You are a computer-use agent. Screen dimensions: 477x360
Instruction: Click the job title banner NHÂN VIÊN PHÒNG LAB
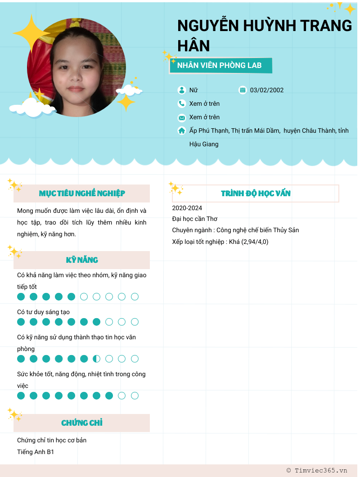click(220, 66)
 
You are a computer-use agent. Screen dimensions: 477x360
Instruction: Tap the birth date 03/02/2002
click(267, 90)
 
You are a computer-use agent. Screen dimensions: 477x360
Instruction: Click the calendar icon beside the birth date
click(243, 90)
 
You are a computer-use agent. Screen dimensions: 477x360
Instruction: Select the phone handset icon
click(182, 103)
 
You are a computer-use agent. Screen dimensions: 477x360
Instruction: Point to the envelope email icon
click(182, 117)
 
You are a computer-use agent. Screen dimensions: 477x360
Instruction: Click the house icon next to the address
click(182, 130)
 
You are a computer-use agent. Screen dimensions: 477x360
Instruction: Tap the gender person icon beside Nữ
click(182, 90)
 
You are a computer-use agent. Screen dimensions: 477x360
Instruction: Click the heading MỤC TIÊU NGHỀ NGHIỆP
click(82, 193)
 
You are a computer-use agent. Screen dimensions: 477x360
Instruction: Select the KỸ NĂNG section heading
click(82, 260)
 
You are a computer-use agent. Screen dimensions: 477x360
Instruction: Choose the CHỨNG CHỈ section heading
click(82, 423)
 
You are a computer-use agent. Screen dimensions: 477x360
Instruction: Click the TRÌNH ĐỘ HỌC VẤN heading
click(256, 193)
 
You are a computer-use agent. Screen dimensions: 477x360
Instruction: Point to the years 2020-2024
click(187, 208)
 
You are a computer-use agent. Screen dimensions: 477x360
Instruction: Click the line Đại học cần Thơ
click(195, 219)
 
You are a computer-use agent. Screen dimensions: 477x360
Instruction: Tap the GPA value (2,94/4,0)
click(255, 242)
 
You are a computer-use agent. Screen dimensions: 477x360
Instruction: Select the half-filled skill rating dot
click(96, 359)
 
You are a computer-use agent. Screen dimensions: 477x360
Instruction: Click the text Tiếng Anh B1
click(36, 452)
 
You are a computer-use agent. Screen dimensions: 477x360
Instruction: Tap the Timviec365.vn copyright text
click(317, 470)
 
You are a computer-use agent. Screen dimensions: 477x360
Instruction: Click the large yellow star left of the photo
click(31, 33)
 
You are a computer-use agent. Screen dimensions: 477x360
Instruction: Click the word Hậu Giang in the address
click(204, 144)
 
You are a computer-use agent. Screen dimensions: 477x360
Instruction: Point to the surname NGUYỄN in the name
click(208, 26)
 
